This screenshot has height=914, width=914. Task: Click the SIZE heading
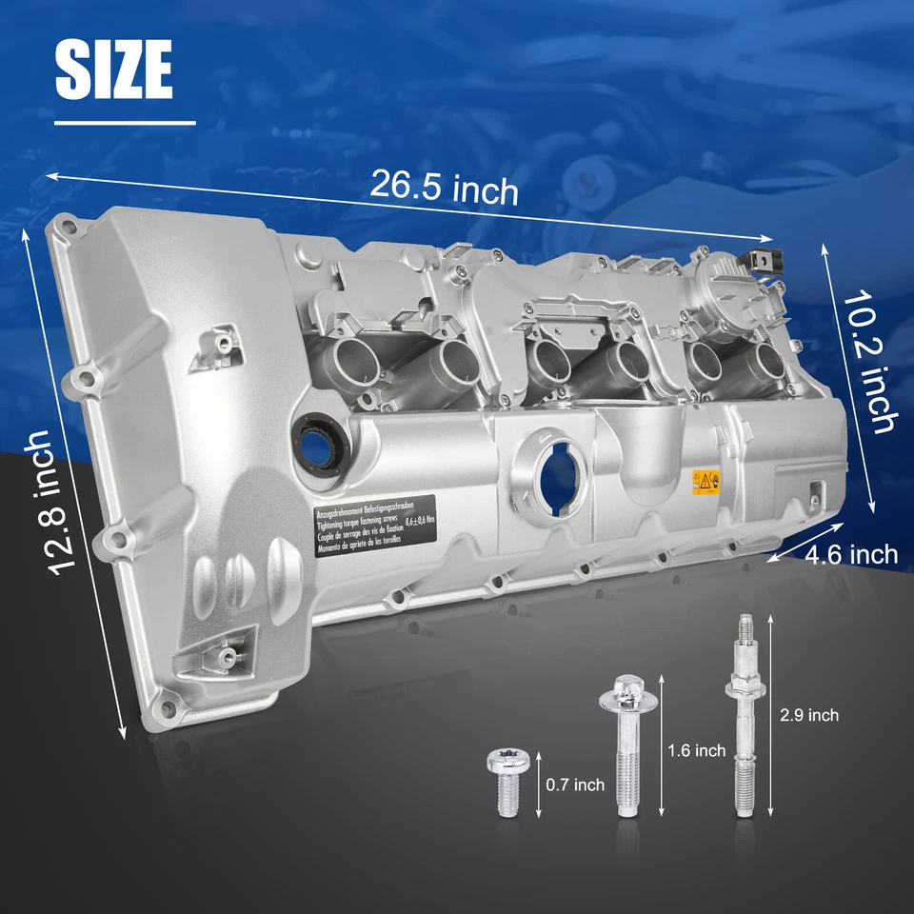[114, 70]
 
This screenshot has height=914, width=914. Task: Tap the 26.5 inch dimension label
[444, 188]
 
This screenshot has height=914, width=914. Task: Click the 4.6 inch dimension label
[851, 554]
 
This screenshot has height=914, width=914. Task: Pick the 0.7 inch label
[576, 785]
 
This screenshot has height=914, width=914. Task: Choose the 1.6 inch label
[697, 751]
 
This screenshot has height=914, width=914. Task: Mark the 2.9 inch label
[808, 714]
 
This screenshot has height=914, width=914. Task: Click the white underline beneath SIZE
[125, 122]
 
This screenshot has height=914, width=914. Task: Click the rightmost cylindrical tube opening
[771, 363]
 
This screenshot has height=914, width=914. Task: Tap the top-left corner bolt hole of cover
[68, 228]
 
